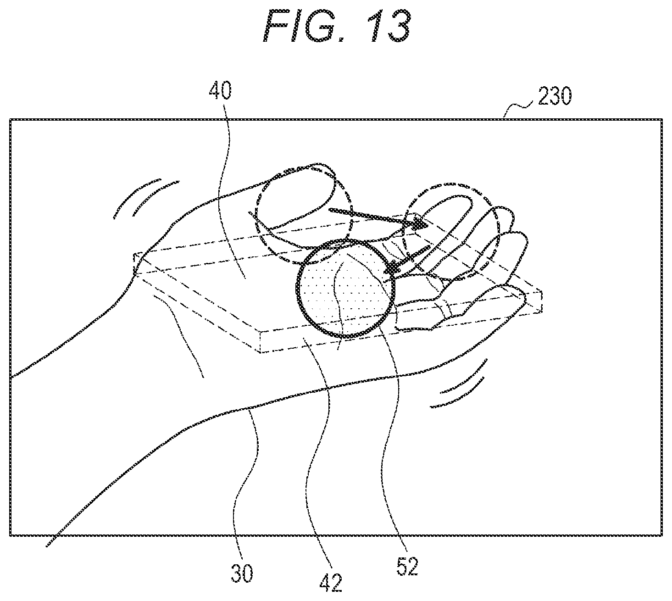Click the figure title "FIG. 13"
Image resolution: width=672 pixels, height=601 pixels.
click(x=337, y=25)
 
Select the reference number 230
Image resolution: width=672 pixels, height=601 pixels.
click(x=555, y=97)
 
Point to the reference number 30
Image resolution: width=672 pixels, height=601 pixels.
click(x=242, y=573)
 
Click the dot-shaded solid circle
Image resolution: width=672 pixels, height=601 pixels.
click(x=345, y=289)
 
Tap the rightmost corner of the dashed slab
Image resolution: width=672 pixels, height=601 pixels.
click(x=542, y=292)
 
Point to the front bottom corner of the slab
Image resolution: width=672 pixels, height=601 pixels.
click(x=261, y=352)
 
